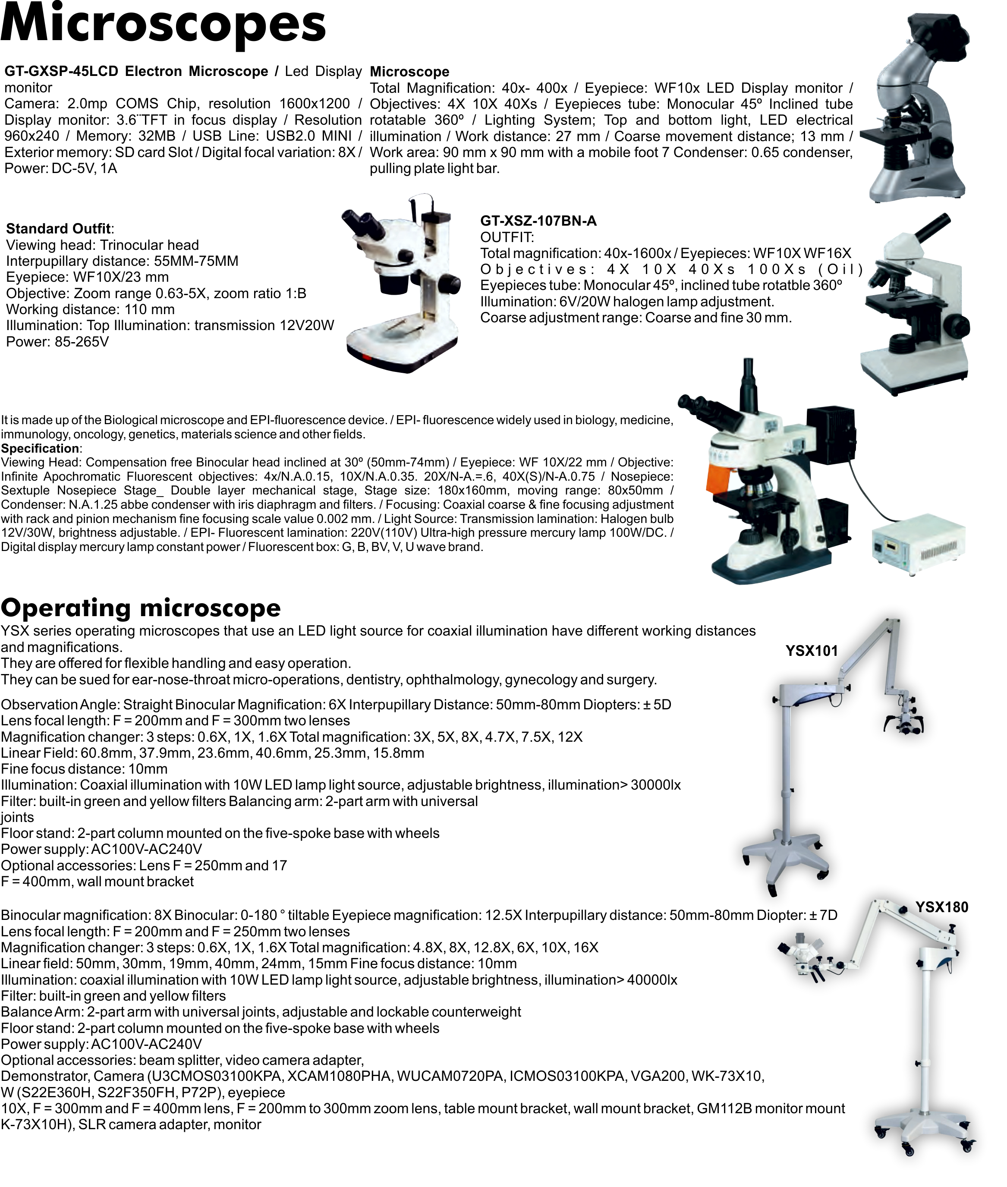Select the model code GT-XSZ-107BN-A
538,221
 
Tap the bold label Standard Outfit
59,229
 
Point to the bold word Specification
40,448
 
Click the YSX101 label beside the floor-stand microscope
809,650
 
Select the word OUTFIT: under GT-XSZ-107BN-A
507,237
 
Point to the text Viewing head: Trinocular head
102,246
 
